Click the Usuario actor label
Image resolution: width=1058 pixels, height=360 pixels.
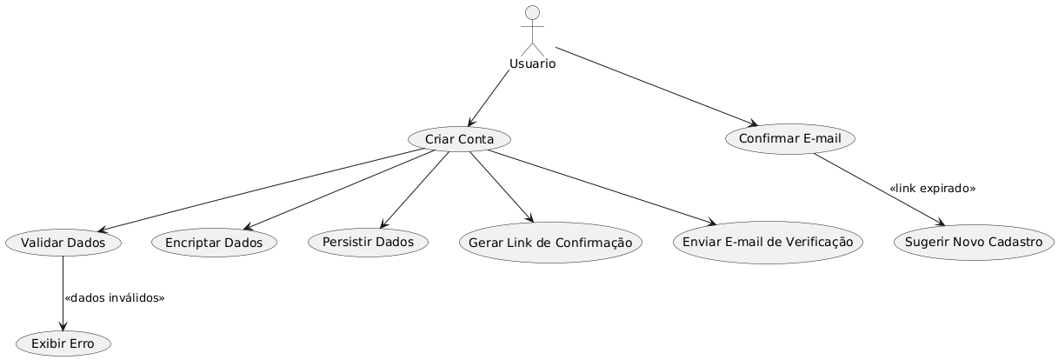pyautogui.click(x=533, y=63)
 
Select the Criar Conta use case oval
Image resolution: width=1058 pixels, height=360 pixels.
pyautogui.click(x=459, y=139)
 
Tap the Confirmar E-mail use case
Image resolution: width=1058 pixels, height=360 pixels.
pyautogui.click(x=789, y=139)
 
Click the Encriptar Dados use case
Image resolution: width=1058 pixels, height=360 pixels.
pyautogui.click(x=214, y=243)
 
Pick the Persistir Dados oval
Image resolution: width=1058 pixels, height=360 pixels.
pyautogui.click(x=368, y=243)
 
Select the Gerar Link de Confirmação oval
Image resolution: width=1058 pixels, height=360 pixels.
pyautogui.click(x=550, y=243)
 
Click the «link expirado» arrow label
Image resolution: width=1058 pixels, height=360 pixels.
pyautogui.click(x=932, y=189)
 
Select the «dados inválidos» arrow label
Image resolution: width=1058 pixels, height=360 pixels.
pyautogui.click(x=114, y=298)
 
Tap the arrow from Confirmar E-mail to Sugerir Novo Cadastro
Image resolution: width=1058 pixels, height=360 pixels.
pyautogui.click(x=878, y=189)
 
